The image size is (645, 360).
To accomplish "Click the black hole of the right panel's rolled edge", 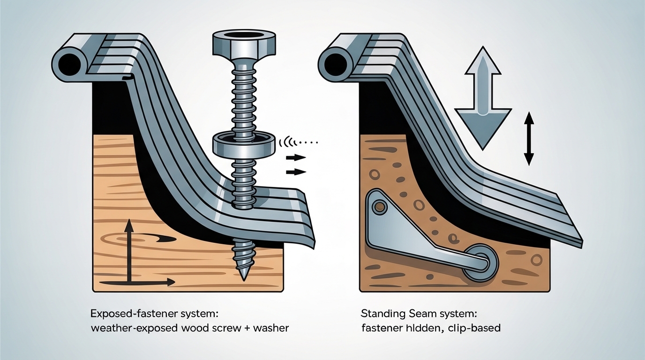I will click(x=334, y=62).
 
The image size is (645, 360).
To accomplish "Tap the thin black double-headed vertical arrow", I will click(x=529, y=138).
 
